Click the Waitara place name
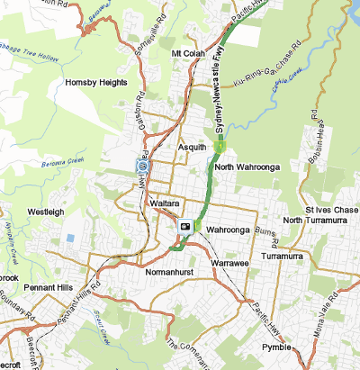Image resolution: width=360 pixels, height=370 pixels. click(167, 204)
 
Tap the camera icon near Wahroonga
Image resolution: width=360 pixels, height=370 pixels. click(184, 226)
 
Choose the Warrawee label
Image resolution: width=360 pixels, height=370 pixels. click(229, 261)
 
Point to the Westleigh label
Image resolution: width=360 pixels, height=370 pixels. click(46, 212)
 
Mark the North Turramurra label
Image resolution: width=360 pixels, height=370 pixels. click(315, 221)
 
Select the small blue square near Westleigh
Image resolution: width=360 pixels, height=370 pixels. click(71, 238)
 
